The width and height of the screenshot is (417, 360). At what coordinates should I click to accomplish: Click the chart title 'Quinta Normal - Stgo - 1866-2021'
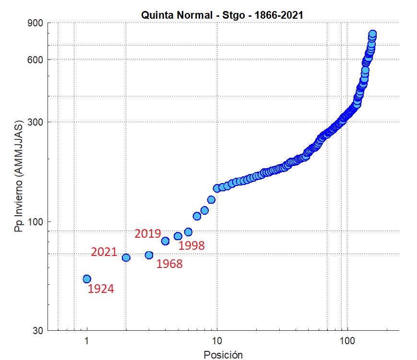222,15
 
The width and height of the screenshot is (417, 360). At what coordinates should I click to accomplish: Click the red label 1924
101,289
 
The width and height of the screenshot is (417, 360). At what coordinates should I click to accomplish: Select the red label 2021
104,252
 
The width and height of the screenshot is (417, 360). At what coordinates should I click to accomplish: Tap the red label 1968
169,264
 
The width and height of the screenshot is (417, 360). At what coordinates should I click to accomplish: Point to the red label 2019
147,234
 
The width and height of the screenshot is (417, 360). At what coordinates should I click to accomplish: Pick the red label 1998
191,246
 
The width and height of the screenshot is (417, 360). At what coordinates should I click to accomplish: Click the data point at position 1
87,279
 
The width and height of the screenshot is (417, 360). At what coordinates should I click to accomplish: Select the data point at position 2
126,257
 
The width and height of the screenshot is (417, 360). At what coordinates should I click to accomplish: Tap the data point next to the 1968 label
149,255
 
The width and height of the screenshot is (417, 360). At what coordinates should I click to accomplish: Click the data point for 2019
165,241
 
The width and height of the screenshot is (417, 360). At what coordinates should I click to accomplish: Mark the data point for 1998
178,236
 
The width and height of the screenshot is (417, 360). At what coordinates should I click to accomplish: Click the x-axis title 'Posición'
223,355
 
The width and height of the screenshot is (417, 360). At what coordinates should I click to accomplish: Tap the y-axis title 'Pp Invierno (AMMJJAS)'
19,177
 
